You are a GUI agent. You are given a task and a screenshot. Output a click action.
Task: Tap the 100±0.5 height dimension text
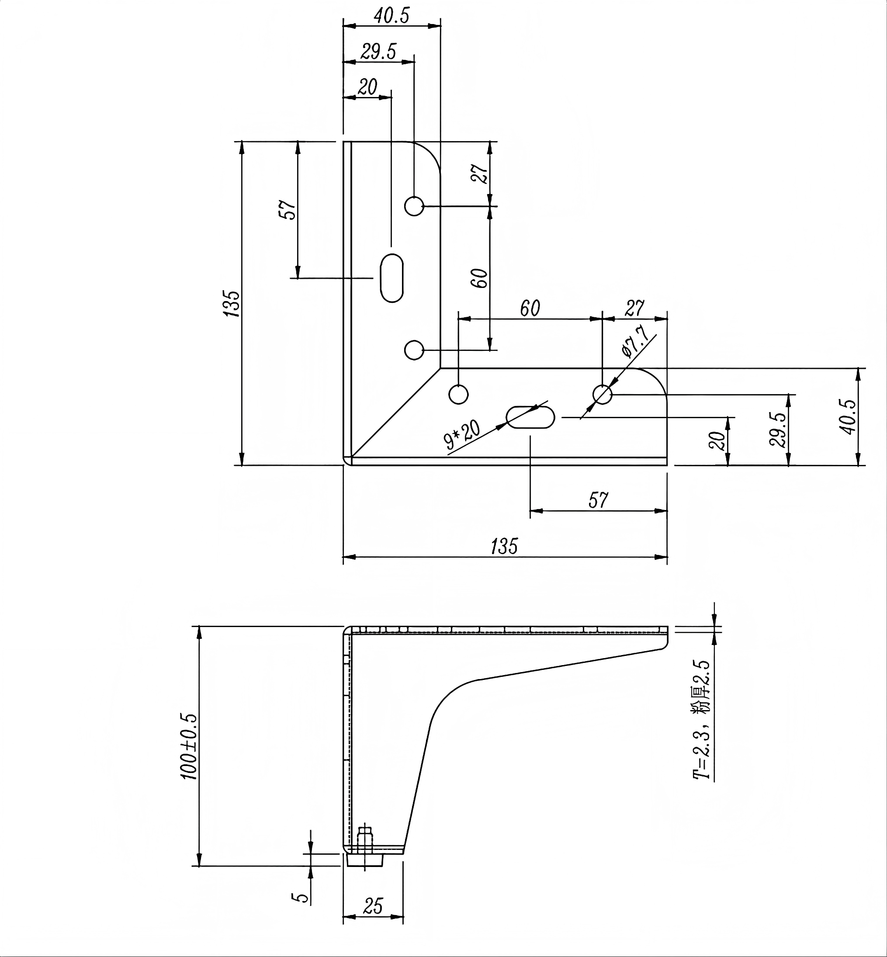click(x=189, y=746)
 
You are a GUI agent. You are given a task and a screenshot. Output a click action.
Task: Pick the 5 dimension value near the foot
click(x=301, y=897)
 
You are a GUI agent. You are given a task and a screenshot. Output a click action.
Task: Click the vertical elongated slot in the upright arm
click(x=392, y=278)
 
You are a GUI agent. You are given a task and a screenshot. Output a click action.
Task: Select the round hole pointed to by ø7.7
click(x=603, y=395)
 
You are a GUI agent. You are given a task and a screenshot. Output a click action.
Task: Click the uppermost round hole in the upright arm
click(x=414, y=206)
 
